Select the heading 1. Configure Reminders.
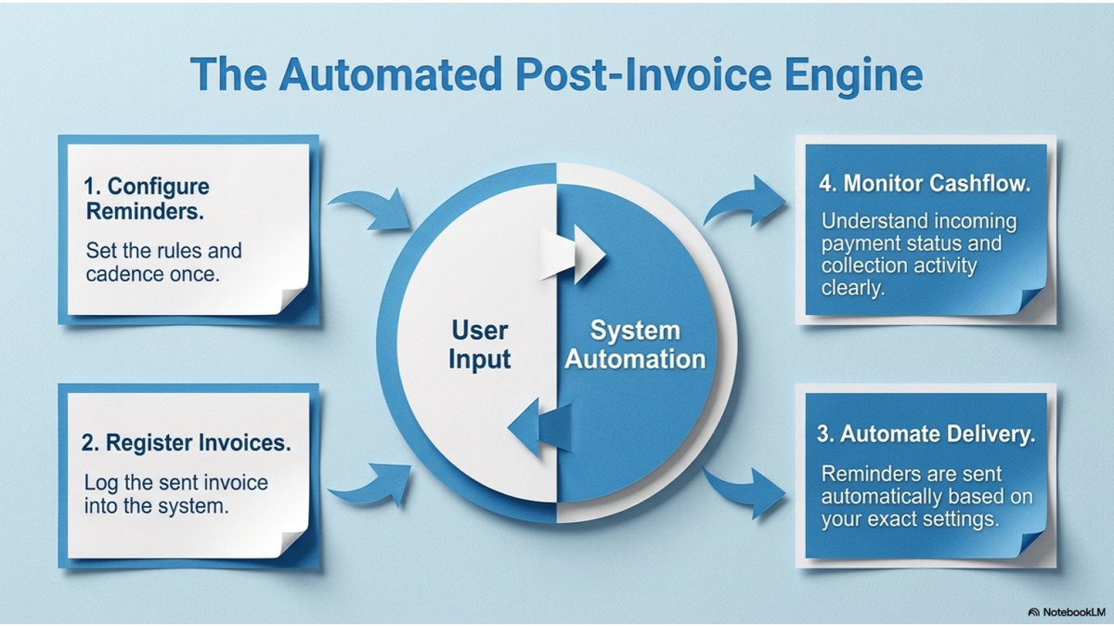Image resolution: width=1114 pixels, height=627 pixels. [x=146, y=199]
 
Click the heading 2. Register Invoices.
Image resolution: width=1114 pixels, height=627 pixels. [x=186, y=443]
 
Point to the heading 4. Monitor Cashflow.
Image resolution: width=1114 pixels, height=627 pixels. [x=925, y=184]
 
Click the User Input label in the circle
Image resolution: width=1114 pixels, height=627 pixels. [x=479, y=344]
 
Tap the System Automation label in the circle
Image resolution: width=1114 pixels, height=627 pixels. [x=635, y=344]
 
